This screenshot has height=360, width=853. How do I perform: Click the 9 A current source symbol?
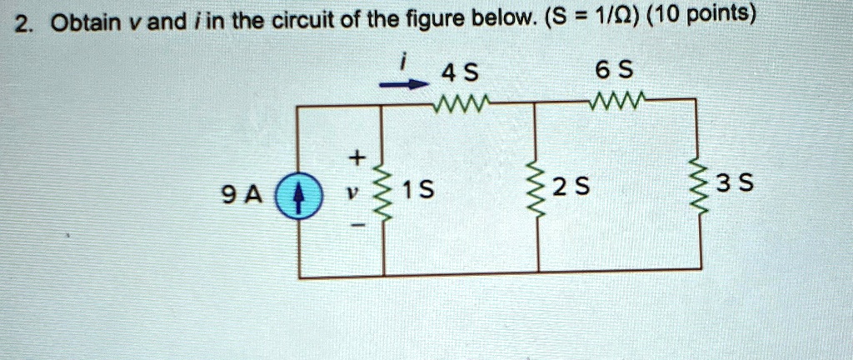pyautogui.click(x=298, y=195)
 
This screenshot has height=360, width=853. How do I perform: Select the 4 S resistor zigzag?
pyautogui.click(x=461, y=101)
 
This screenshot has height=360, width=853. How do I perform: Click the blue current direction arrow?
pyautogui.click(x=402, y=84)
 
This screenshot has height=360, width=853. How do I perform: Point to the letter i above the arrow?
pyautogui.click(x=403, y=63)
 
